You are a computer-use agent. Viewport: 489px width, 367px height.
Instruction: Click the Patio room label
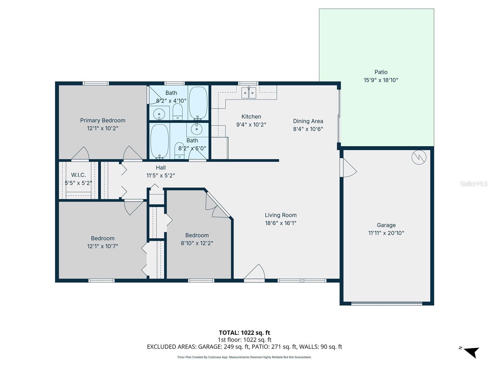(381, 72)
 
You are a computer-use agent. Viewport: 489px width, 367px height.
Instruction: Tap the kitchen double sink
(248, 93)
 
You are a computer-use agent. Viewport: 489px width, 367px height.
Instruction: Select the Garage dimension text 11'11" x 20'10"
(386, 233)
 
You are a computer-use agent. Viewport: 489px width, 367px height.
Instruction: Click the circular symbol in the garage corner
(419, 157)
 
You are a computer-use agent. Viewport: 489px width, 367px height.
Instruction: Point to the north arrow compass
(471, 352)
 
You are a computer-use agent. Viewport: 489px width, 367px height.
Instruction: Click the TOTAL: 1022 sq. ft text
(244, 333)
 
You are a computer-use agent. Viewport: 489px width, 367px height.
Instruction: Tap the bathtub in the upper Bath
(198, 103)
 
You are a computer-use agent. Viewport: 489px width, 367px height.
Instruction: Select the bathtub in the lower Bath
(159, 141)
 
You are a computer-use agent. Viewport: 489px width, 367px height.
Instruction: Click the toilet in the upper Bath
(177, 112)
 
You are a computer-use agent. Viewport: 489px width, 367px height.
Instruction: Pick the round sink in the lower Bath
(197, 129)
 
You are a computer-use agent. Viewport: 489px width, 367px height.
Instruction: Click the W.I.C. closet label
(79, 175)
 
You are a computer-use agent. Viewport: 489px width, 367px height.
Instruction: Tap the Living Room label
(281, 215)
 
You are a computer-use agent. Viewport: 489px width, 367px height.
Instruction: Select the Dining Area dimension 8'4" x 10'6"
(308, 129)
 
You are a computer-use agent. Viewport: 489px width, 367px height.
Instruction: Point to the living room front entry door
(254, 273)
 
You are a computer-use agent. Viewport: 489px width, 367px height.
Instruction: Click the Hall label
(161, 168)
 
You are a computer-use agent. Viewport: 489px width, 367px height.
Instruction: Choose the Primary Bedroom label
(103, 120)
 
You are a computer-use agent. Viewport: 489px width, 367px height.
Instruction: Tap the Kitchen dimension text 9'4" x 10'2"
(251, 125)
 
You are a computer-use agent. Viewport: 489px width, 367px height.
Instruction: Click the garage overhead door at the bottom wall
(387, 303)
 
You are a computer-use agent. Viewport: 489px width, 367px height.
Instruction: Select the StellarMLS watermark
(473, 183)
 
